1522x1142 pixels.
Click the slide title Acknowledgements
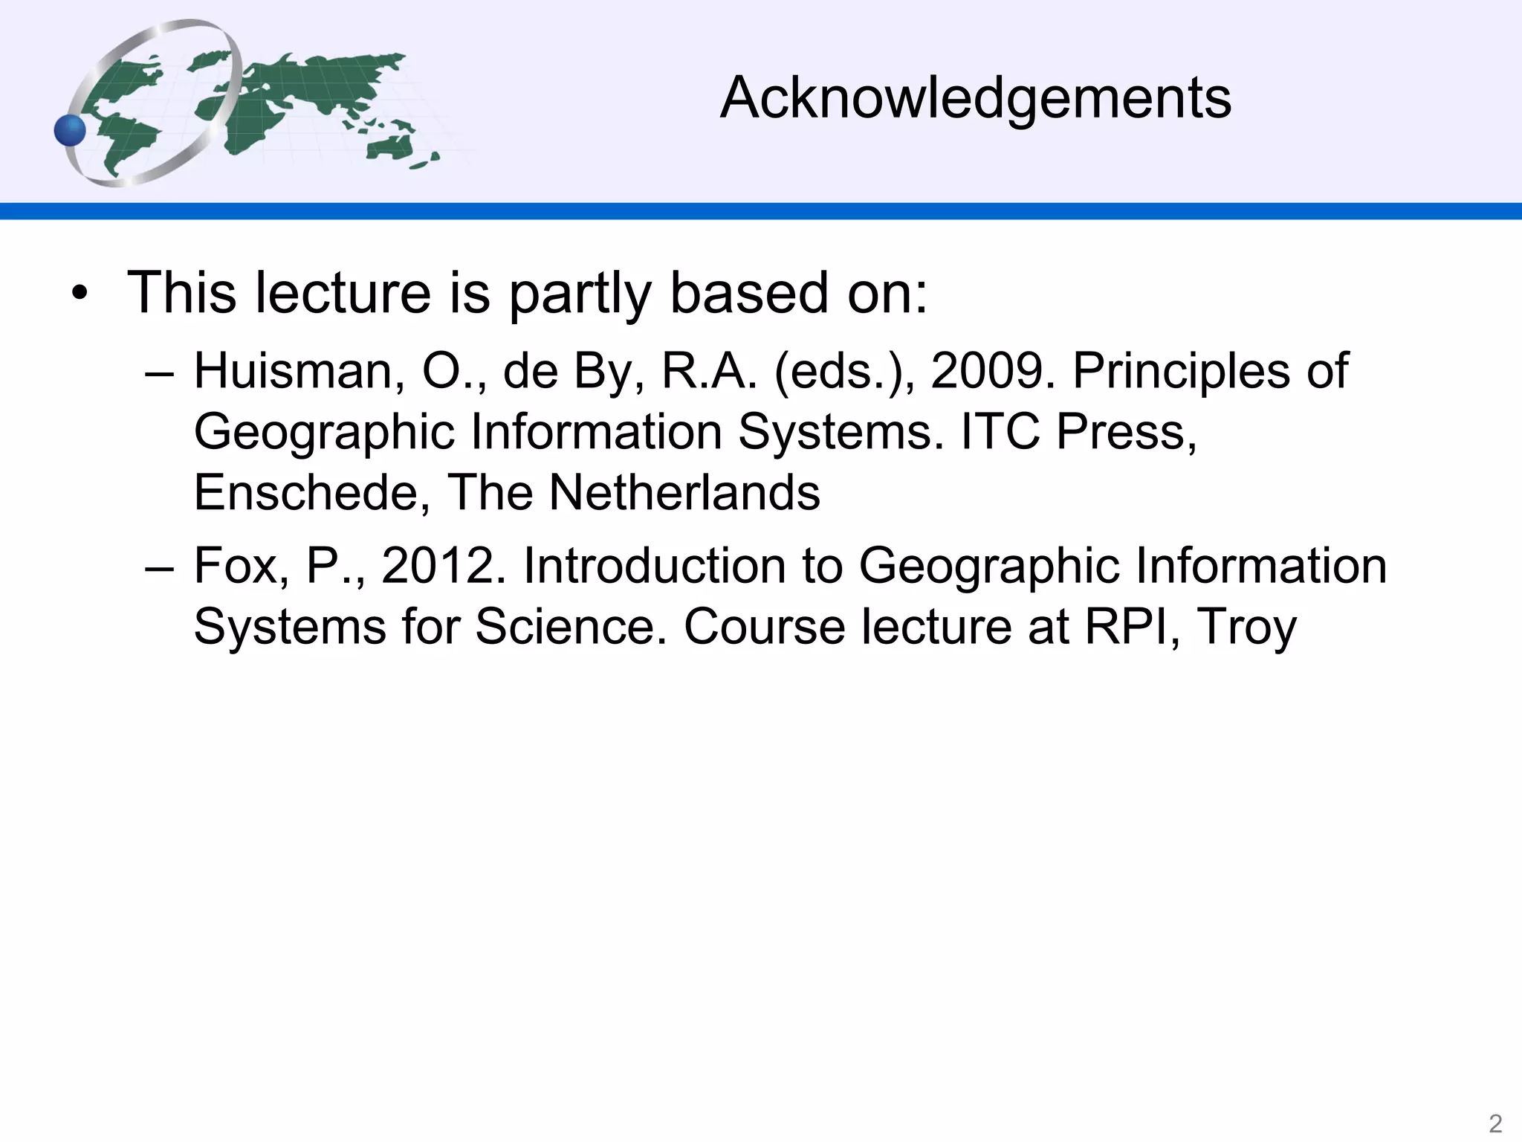(976, 97)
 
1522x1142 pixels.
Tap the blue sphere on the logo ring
(71, 131)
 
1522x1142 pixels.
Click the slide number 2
(1495, 1123)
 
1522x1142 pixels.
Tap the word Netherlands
(684, 492)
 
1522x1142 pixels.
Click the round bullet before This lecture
(80, 295)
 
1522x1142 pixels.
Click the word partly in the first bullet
(580, 294)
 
